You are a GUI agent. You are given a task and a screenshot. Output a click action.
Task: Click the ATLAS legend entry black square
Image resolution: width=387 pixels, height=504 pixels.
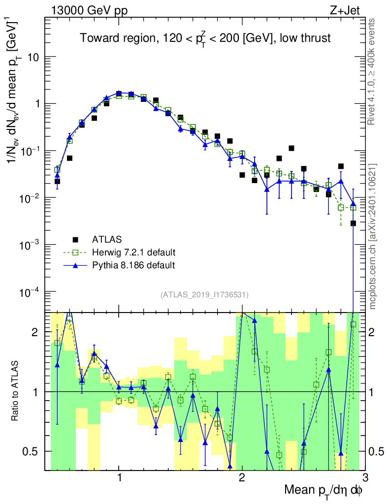[x=76, y=240]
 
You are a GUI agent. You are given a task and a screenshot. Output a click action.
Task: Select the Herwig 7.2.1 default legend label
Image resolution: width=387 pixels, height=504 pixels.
[x=134, y=252]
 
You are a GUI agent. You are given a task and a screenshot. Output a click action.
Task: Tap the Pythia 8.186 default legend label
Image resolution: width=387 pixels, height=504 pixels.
[x=133, y=265]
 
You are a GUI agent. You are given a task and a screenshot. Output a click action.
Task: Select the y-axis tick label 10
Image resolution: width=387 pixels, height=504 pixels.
[x=33, y=57]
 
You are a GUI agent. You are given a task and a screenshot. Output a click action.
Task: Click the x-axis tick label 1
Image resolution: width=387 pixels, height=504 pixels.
[x=119, y=477]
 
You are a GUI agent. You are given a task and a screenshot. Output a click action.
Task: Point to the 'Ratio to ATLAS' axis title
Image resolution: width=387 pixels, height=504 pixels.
[x=16, y=392]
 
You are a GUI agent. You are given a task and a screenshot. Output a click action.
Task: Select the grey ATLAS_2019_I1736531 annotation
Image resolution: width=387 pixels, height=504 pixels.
[x=204, y=295]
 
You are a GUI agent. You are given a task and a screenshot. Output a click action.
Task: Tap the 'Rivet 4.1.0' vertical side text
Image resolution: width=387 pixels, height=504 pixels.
[x=373, y=71]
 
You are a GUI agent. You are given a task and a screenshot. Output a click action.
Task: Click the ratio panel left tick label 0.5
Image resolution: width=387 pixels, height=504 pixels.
[x=32, y=451]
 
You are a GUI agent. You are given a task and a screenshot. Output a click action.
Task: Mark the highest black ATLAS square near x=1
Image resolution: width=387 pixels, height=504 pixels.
[x=119, y=93]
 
